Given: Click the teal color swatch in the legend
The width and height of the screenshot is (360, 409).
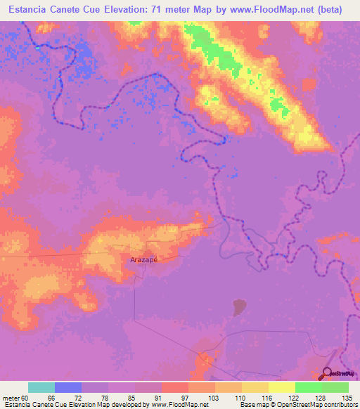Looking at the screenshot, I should pos(41,387).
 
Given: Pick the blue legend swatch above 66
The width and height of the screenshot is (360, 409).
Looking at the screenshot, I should pos(68,387).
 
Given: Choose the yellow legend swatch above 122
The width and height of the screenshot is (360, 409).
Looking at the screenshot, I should pos(282,387).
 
